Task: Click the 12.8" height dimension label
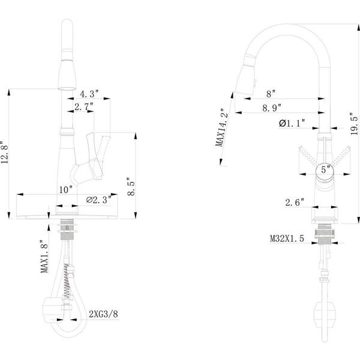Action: click(x=5, y=152)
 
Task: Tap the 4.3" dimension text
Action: click(x=89, y=94)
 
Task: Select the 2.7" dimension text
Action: click(x=84, y=107)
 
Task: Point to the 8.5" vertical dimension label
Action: click(x=131, y=187)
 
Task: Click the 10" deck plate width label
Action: click(x=66, y=190)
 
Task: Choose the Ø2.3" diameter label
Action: click(x=99, y=200)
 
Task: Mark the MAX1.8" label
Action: click(x=44, y=256)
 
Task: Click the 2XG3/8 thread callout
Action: click(x=104, y=314)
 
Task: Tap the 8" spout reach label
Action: click(x=271, y=94)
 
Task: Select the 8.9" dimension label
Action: click(x=272, y=108)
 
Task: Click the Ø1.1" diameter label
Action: click(x=292, y=123)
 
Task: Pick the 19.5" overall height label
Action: click(x=354, y=124)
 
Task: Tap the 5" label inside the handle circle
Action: click(x=324, y=169)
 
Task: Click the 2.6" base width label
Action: click(x=295, y=202)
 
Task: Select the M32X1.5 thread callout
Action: click(x=287, y=238)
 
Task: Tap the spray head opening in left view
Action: click(x=67, y=89)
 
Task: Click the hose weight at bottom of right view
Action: click(x=324, y=314)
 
